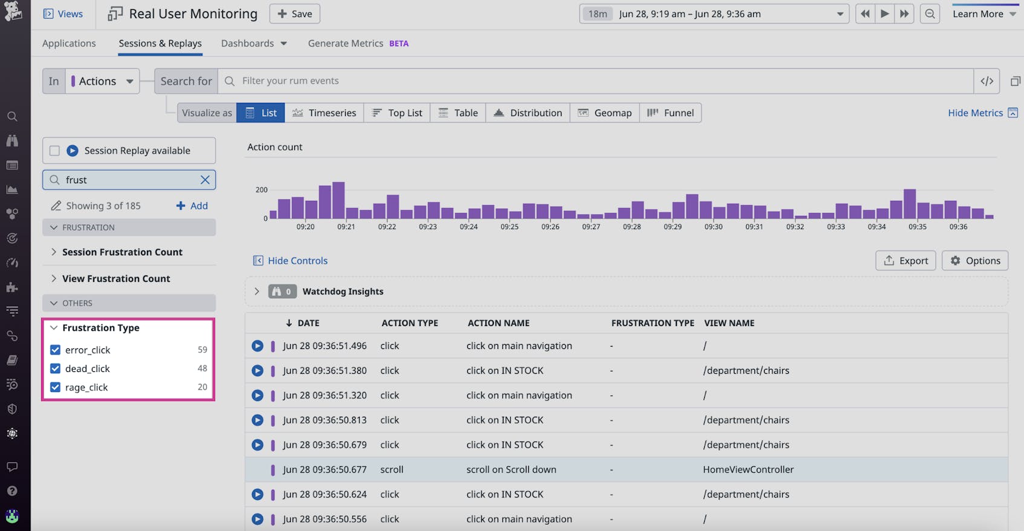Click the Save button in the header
pos(294,14)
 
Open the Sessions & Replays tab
pos(160,44)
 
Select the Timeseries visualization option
pos(324,113)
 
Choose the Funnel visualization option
pos(670,113)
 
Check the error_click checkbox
pos(55,350)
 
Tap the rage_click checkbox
pos(55,388)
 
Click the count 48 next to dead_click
pos(202,368)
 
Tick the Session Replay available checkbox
pos(54,151)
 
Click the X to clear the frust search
pos(205,180)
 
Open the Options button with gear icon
pos(974,261)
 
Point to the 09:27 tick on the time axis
pos(591,227)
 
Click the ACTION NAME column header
pos(498,323)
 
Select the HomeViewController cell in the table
pos(748,469)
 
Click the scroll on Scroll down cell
pos(511,469)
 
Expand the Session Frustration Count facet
pos(122,252)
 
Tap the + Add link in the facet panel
pos(192,206)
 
